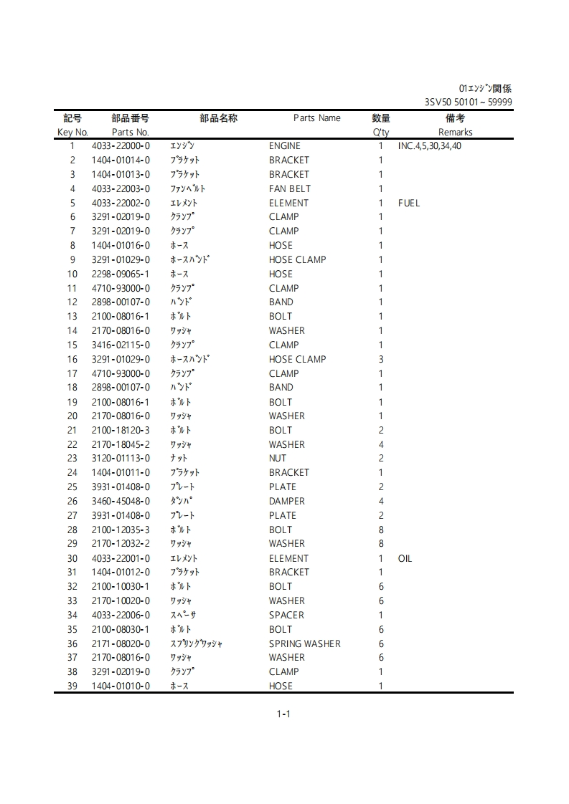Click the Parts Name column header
316,118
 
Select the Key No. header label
72,133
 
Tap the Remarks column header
455,133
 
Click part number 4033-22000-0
121,146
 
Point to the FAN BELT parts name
290,189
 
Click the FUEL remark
409,204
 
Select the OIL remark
405,558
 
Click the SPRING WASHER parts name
304,643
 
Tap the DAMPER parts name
287,502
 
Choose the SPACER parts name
286,615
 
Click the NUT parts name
278,459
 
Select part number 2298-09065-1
121,274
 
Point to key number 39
72,686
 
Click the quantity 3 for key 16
381,360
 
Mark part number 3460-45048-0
121,502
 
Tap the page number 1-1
283,714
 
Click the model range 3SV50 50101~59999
468,102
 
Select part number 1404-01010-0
121,686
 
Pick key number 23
72,459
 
